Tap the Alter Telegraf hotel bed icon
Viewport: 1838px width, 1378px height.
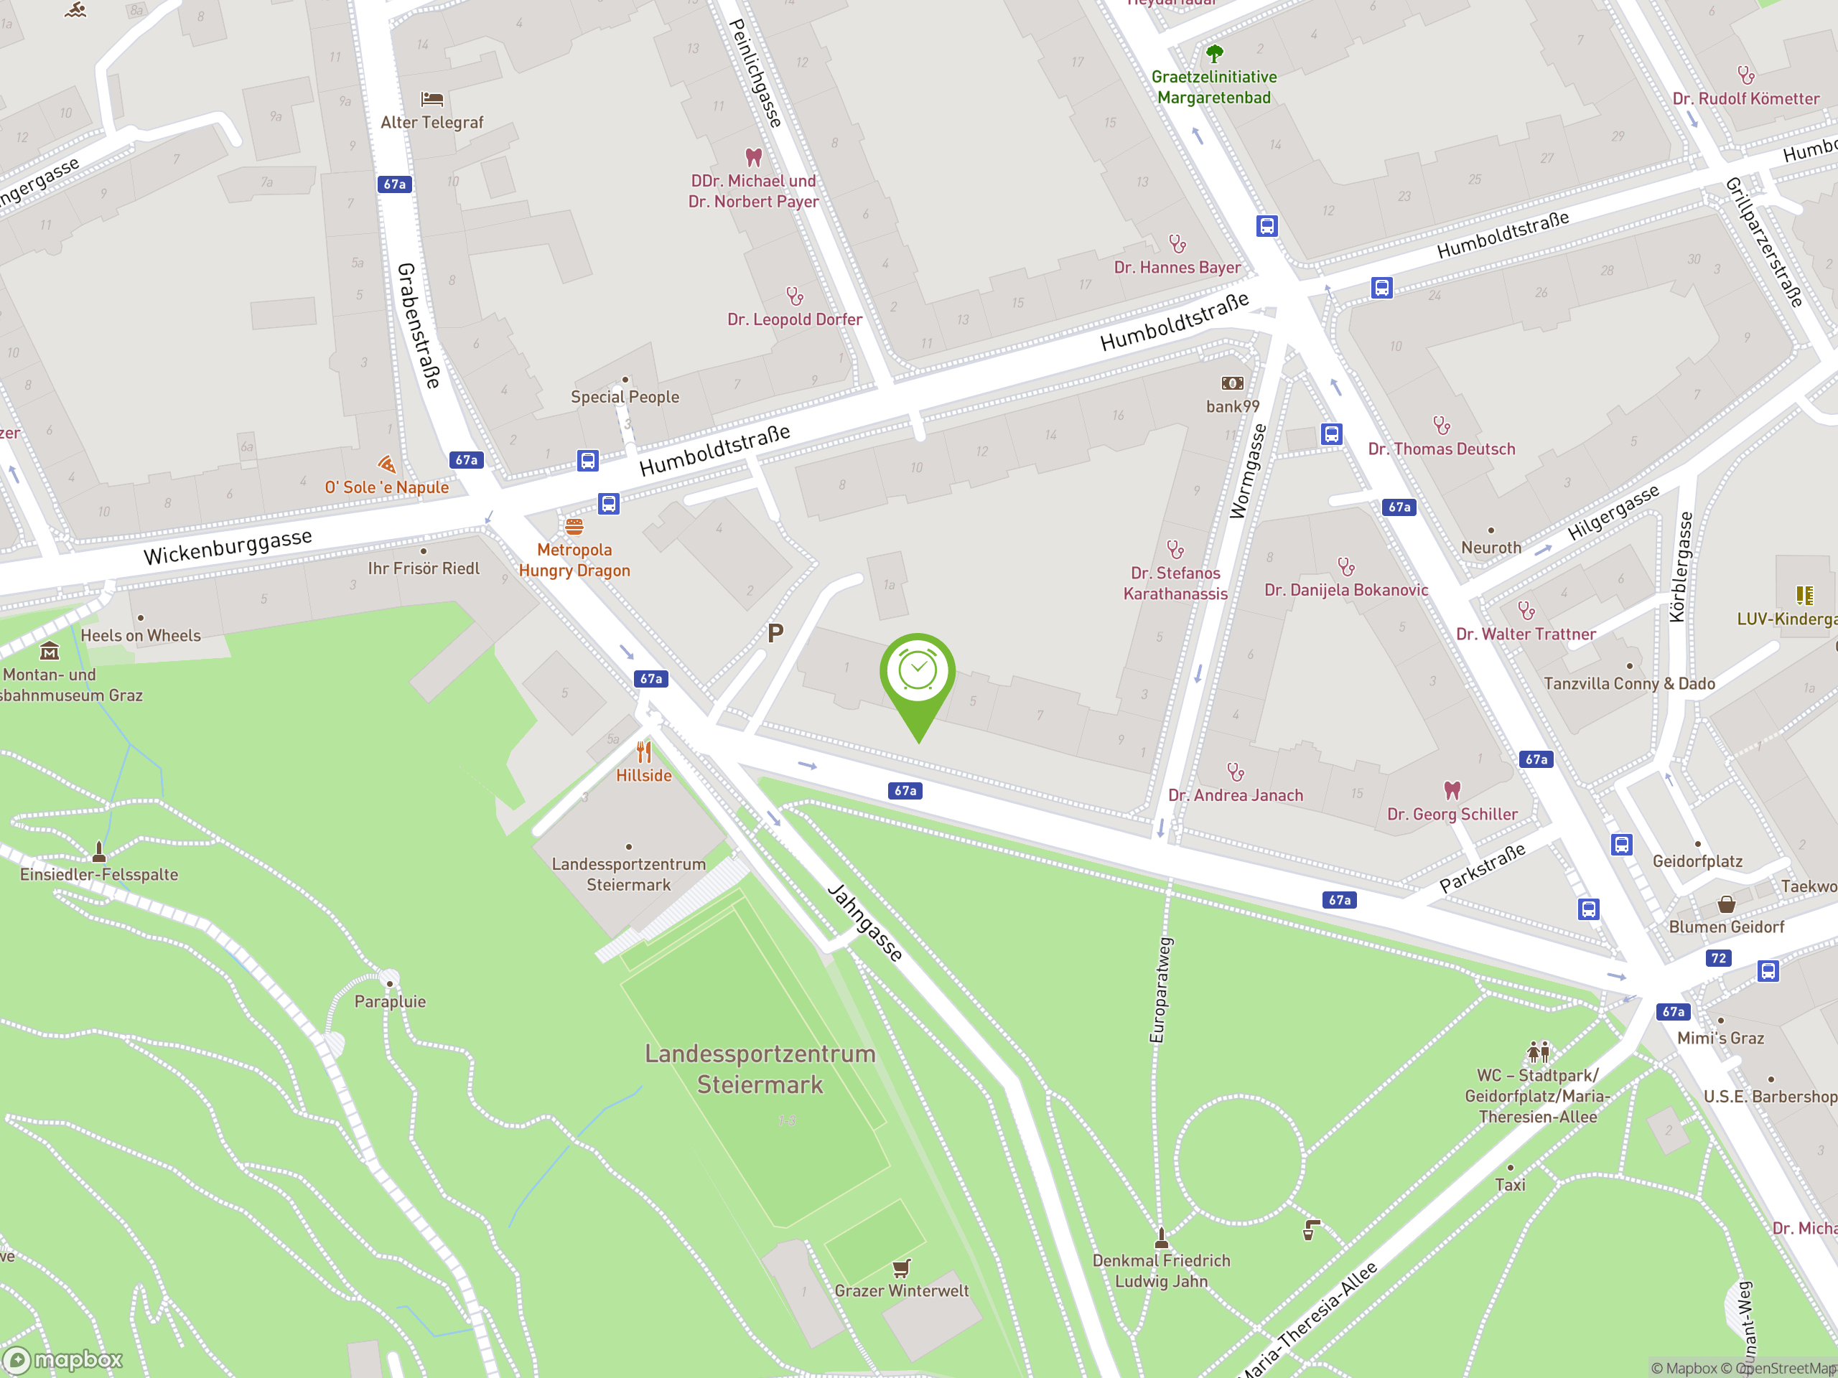[432, 100]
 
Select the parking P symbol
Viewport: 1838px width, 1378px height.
[775, 634]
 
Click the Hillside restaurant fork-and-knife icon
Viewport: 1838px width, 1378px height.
[644, 753]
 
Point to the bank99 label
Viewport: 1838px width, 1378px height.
[1232, 406]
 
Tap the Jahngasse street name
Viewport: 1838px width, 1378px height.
[865, 923]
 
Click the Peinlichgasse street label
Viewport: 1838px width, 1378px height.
[755, 73]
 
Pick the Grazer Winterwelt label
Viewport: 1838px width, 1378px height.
[902, 1290]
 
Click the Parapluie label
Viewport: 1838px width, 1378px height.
[390, 1002]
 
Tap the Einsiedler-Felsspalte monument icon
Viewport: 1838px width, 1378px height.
[99, 851]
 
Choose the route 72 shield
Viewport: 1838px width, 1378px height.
[1717, 957]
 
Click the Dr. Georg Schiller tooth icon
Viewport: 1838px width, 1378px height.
[1452, 790]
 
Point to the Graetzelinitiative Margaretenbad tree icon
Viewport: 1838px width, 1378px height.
[1214, 55]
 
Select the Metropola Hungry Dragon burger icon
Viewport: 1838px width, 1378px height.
[574, 527]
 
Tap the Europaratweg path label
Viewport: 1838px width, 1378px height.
[1160, 989]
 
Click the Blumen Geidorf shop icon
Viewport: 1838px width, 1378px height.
[1726, 904]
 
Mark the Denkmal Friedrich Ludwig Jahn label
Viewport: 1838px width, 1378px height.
[1161, 1271]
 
